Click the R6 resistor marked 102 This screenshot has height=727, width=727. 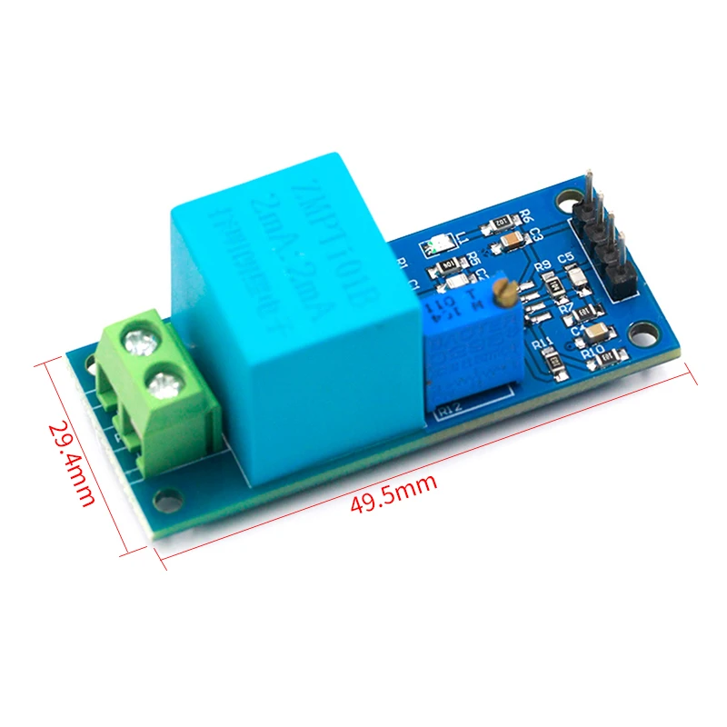[x=499, y=223]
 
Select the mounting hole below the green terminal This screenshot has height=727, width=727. [x=167, y=498]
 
